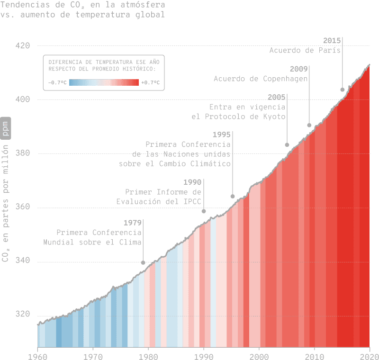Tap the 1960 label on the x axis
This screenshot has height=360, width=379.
(37, 355)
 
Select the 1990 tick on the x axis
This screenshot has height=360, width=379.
(204, 355)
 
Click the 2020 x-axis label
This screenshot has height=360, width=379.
(370, 355)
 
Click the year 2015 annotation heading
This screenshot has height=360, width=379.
(332, 40)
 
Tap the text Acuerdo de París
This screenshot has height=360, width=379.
(305, 51)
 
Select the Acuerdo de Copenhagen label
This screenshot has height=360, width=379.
(261, 79)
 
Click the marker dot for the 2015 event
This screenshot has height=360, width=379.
(343, 90)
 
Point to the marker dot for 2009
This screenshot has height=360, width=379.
(309, 125)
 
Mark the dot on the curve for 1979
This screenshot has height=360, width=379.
(143, 262)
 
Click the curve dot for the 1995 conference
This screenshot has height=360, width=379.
(233, 196)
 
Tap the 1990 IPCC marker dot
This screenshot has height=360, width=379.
(204, 211)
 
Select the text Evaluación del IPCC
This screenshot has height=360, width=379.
(159, 202)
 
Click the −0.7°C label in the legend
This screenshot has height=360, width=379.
(57, 82)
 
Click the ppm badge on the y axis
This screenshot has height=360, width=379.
(6, 127)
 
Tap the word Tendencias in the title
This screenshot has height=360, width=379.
(24, 5)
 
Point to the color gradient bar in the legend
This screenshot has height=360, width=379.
(104, 82)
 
